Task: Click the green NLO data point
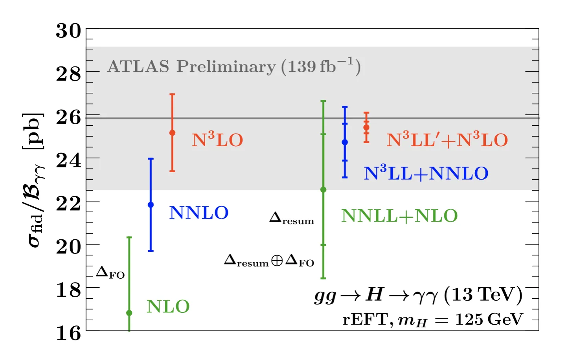129,313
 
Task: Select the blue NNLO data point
151,205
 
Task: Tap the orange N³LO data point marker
172,132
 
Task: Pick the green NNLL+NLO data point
323,189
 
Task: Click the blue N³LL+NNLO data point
345,142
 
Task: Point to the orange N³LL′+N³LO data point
366,127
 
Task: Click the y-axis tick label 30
68,31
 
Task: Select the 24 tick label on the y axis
68,160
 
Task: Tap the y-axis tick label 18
68,290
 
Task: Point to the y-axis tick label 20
68,247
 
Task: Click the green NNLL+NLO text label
399,216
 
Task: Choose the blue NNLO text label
199,213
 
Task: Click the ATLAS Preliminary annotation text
234,66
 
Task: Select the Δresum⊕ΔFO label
269,261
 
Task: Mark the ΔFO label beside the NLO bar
110,273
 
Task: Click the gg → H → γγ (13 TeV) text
419,296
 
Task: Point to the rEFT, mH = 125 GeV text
433,320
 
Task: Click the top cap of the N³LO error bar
172,94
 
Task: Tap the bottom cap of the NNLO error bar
151,251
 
